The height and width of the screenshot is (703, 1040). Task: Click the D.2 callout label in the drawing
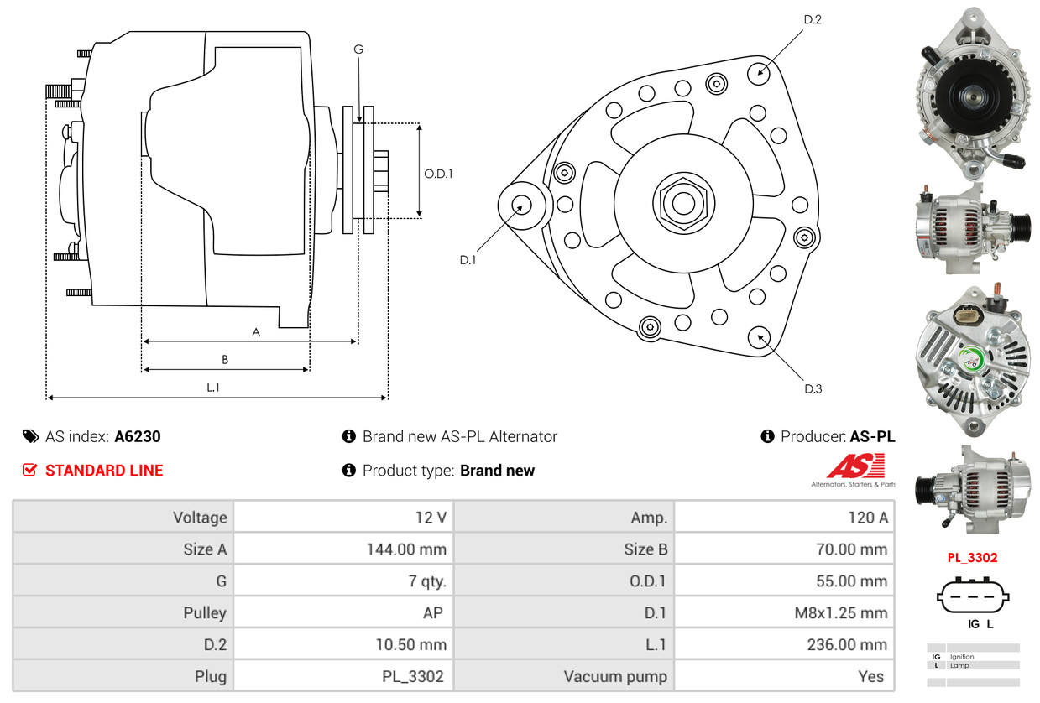click(812, 19)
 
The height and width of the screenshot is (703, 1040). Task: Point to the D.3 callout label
click(813, 388)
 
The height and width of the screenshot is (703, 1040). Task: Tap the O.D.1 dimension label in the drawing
click(438, 174)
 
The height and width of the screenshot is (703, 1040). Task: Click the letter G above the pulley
click(358, 49)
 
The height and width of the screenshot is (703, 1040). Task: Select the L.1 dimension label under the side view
click(213, 387)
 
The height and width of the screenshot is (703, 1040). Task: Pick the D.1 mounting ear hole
click(521, 205)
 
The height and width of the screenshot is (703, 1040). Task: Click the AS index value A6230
click(138, 436)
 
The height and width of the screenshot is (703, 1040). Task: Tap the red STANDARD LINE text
click(104, 471)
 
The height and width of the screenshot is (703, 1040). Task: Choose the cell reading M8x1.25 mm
click(840, 613)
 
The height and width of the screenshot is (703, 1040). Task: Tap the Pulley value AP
click(432, 613)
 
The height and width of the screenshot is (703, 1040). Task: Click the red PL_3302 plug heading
click(973, 557)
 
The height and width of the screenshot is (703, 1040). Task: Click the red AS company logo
click(855, 467)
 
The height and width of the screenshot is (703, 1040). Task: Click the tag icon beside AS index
click(30, 436)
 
